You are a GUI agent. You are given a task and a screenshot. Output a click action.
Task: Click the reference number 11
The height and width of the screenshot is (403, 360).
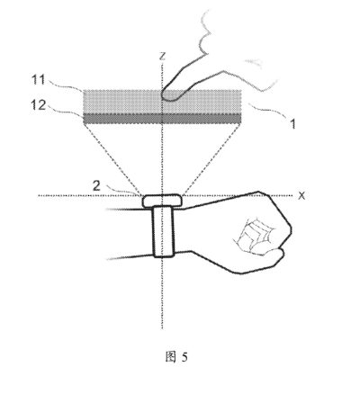click(x=39, y=80)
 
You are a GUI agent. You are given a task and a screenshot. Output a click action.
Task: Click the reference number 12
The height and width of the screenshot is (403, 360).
click(x=39, y=105)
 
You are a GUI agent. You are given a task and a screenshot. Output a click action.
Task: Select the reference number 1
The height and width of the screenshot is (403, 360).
click(x=293, y=124)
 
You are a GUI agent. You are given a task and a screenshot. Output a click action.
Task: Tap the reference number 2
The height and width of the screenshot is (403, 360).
click(x=96, y=186)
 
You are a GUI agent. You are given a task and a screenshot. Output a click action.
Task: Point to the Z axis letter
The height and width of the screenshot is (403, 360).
click(x=162, y=56)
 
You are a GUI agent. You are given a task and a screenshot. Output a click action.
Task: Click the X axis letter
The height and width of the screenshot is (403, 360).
click(x=301, y=196)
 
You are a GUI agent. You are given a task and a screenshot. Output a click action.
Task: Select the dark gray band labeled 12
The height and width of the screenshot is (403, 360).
click(x=162, y=119)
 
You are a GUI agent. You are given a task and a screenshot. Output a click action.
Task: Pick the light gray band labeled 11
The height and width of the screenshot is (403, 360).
click(x=162, y=102)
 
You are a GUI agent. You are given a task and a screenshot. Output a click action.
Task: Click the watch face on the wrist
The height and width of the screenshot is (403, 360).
click(x=162, y=201)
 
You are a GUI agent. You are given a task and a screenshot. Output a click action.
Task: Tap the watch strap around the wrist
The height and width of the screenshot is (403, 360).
click(x=164, y=232)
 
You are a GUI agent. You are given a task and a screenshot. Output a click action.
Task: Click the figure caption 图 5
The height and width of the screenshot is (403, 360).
click(x=176, y=357)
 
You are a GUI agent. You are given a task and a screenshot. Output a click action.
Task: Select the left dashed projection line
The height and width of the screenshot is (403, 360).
click(x=112, y=159)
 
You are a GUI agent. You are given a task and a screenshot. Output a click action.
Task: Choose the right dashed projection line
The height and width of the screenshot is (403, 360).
click(x=211, y=159)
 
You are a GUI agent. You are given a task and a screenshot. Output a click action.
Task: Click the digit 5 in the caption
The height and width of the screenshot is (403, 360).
click(x=184, y=357)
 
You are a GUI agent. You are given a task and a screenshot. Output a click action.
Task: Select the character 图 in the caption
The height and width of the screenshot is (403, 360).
click(x=170, y=357)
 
